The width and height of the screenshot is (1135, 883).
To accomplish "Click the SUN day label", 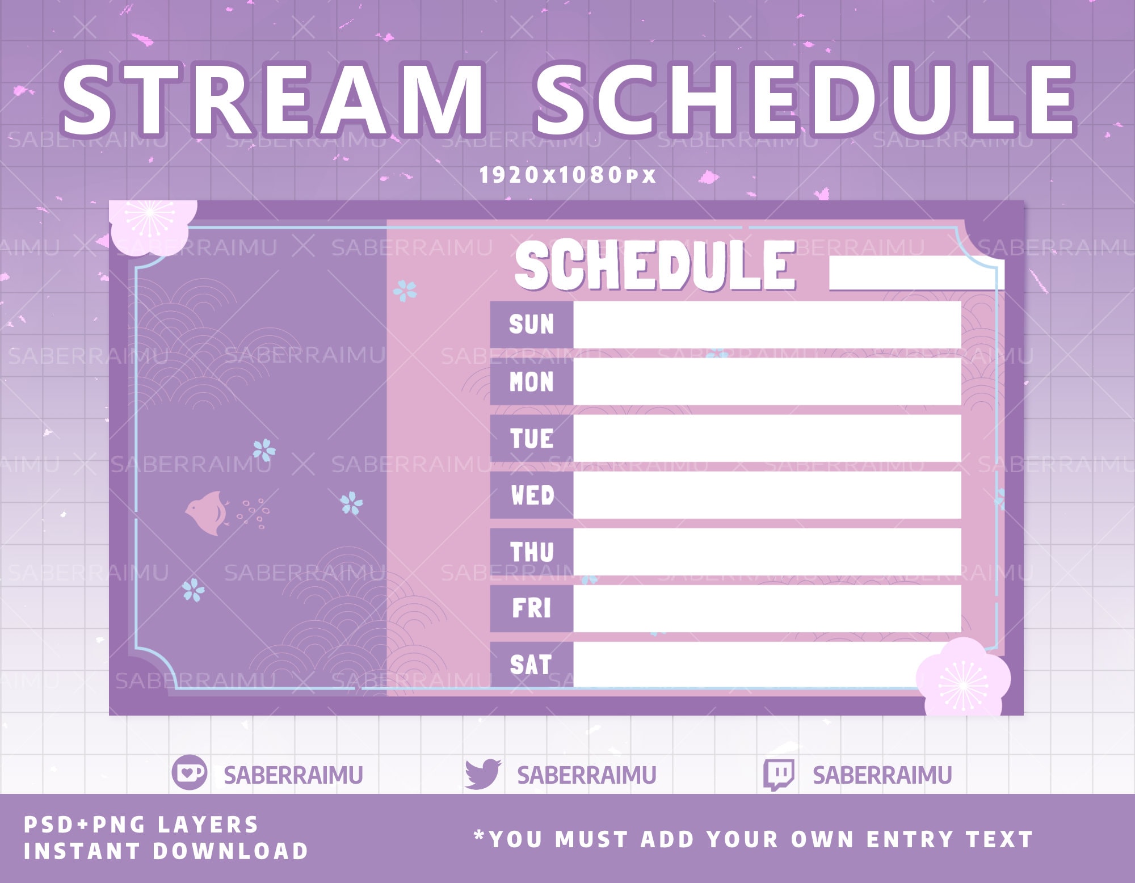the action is (531, 325).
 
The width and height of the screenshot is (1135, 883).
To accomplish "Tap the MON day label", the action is (531, 381).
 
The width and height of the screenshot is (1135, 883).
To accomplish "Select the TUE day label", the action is (532, 438).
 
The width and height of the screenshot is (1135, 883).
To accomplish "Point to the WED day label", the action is (532, 495).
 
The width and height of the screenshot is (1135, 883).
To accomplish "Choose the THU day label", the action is (532, 552).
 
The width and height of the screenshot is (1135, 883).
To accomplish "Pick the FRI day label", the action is (532, 608).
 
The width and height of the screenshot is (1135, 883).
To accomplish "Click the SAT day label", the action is (531, 665).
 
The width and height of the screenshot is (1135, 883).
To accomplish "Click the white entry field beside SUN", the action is (767, 325).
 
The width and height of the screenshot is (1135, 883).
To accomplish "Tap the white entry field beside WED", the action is (767, 495).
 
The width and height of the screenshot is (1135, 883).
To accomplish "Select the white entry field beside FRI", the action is (767, 608).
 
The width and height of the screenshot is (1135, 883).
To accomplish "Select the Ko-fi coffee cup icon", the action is (190, 773).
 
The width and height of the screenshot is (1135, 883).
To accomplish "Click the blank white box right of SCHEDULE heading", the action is (916, 273).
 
